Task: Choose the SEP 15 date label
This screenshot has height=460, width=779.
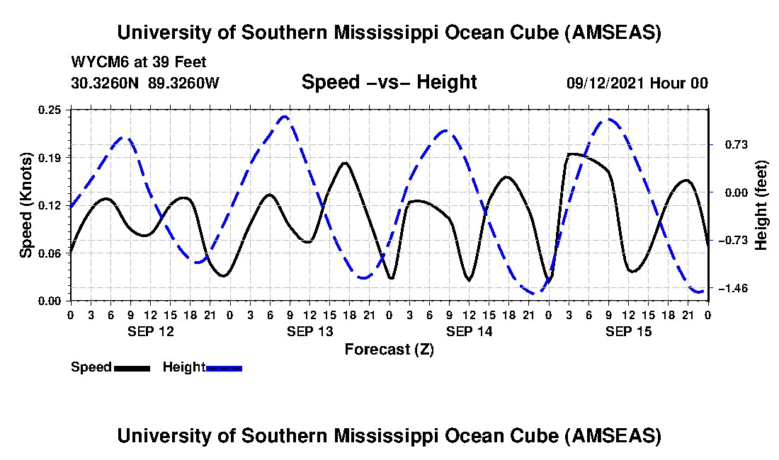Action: [x=628, y=331]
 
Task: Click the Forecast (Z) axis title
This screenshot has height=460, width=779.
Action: [x=389, y=349]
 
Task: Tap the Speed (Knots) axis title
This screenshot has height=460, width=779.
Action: [x=26, y=205]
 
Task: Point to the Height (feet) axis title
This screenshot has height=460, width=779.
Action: [x=761, y=205]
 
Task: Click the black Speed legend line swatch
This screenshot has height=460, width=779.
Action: [x=131, y=368]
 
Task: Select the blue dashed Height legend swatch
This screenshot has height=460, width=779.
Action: [x=224, y=368]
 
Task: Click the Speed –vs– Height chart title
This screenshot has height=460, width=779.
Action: [x=389, y=82]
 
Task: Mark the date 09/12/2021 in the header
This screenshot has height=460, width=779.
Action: [x=606, y=83]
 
